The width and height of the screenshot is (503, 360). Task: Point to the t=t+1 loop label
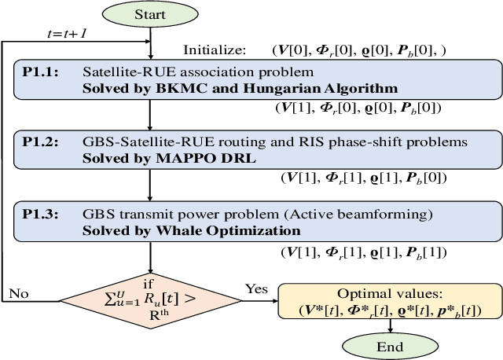(68, 34)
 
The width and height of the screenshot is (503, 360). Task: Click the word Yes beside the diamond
(256, 288)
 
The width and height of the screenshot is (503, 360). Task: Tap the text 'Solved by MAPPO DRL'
(145, 157)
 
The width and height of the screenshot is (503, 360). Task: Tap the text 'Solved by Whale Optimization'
(192, 230)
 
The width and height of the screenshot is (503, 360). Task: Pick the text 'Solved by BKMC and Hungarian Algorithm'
(240, 87)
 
